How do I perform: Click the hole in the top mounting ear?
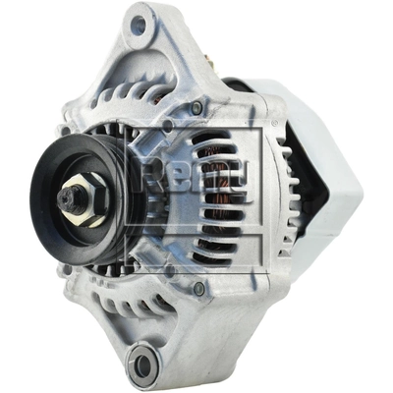point(139,25)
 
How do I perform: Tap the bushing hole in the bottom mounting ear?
point(144,365)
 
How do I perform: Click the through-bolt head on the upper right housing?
point(197,107)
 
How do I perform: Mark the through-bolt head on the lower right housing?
point(200,288)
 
